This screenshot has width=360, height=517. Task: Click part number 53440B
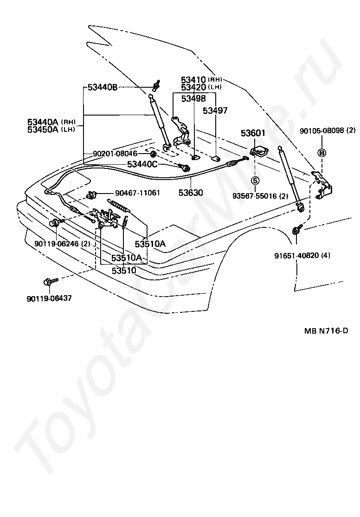coord(103,88)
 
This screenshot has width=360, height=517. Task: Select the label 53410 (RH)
coord(201,79)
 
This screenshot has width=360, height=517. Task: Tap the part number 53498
coord(193,98)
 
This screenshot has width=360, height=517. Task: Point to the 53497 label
coord(215,110)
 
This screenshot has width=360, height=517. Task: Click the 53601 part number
coord(253,133)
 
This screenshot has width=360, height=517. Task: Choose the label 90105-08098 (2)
coord(328,130)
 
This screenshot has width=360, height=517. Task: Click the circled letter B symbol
coord(322,152)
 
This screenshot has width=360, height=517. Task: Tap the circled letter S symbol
coord(256,181)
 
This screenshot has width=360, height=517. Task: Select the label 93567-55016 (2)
coord(260,196)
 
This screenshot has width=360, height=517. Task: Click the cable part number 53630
coord(191,192)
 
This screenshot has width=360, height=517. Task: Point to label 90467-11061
coord(137,193)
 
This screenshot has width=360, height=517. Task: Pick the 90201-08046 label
coord(115,154)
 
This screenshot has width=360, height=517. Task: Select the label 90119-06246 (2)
coord(62,244)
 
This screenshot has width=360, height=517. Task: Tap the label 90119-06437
coord(49,298)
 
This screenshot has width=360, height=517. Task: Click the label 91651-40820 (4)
coord(302,255)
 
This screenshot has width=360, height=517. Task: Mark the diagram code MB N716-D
coord(326,330)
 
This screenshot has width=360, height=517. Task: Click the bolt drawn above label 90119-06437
coord(51,281)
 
